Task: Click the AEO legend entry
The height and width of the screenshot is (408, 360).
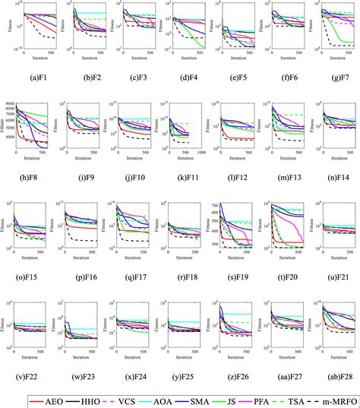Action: click(53, 398)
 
